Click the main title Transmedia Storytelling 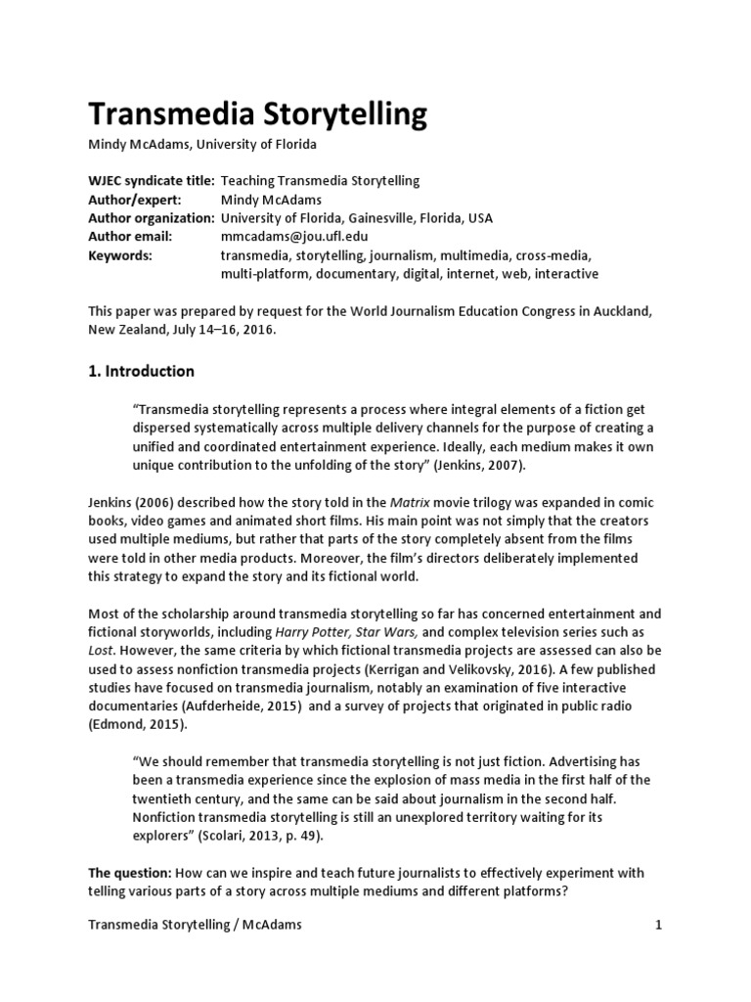(258, 115)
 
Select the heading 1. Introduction (142, 371)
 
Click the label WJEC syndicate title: (152, 181)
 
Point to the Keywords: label (120, 255)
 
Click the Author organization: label (152, 218)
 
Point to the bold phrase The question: (131, 873)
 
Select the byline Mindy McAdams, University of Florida (202, 145)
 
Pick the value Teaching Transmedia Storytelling (320, 181)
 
